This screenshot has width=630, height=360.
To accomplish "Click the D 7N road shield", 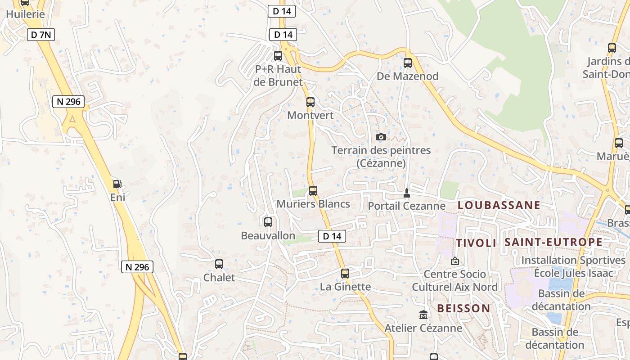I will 41,35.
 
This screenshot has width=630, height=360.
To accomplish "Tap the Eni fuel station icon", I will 117,184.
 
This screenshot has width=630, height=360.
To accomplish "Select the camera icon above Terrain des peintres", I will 381,137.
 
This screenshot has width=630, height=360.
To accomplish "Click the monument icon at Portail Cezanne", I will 407,193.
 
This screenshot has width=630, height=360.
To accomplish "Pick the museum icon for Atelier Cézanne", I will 423,315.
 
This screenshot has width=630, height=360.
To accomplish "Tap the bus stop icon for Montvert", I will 310,102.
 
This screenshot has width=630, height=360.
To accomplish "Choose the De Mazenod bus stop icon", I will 408,63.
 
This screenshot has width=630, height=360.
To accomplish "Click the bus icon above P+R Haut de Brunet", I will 278,56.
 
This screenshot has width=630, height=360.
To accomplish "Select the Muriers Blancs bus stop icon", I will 313,191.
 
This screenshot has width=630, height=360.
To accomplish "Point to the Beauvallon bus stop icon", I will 268,222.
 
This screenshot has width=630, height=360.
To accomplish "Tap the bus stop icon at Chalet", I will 219,264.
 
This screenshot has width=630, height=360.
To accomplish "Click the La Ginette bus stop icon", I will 345,273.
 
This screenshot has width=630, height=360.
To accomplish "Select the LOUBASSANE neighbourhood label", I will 499,205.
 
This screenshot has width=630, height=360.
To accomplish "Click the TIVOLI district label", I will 476,243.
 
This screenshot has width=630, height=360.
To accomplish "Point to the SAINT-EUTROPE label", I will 553,242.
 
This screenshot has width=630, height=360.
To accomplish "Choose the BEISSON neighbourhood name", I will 463,308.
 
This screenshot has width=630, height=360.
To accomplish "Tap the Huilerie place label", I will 25,14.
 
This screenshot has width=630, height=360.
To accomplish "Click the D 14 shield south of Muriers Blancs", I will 332,236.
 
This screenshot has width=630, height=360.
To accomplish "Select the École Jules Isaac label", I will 573,273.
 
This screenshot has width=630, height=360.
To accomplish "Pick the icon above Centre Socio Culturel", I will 455,261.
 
